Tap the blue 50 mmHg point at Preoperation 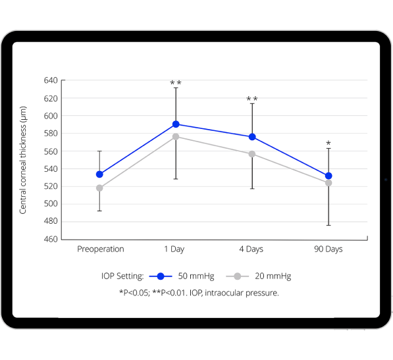(99, 174)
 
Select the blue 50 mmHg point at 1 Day (176, 124)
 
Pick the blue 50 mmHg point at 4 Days (252, 137)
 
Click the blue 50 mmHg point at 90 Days (328, 176)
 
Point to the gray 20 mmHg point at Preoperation (99, 188)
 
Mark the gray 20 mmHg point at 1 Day (176, 136)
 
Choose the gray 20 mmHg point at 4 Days (252, 154)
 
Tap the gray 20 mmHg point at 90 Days (328, 183)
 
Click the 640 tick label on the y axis (50, 81)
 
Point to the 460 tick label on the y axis (50, 239)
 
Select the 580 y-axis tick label (50, 134)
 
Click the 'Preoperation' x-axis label (100, 249)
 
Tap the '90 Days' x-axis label (328, 249)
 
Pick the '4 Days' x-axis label (252, 249)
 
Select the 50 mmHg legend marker (160, 276)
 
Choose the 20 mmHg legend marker (236, 276)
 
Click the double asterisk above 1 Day (176, 83)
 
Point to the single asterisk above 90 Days (328, 143)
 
